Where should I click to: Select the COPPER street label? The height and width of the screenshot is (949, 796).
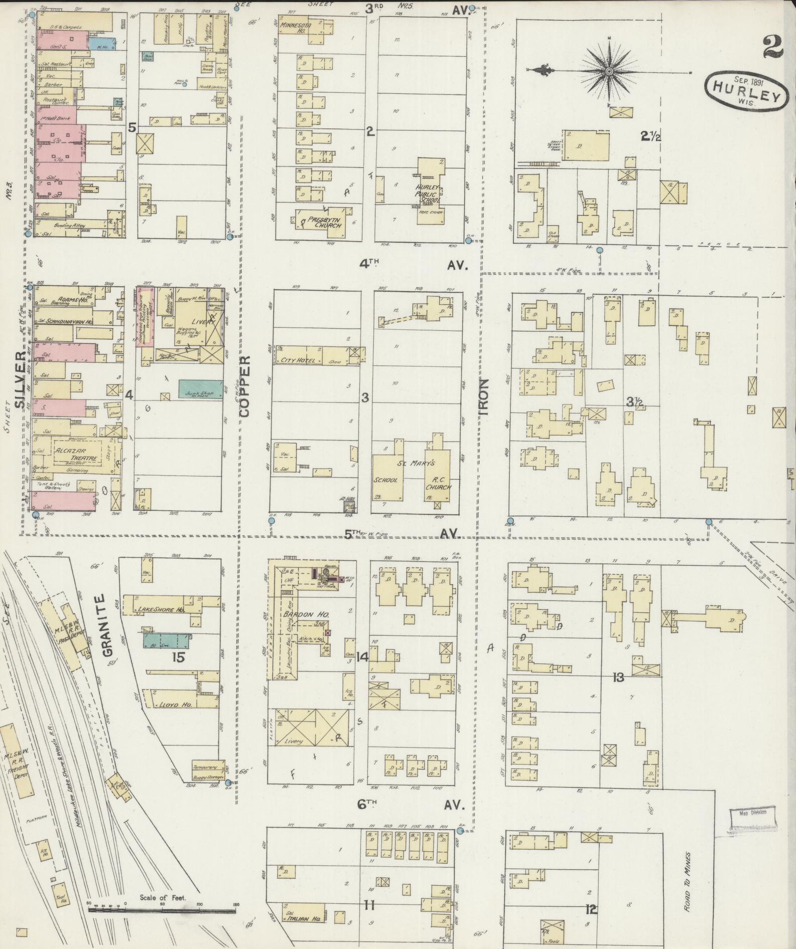244,386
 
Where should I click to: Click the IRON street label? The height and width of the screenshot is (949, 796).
483,396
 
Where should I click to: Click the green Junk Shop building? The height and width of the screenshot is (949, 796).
201,389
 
